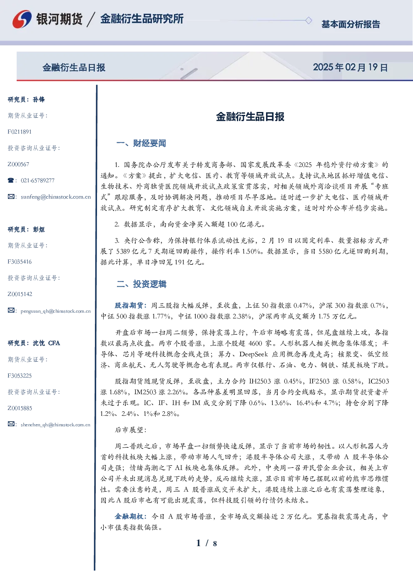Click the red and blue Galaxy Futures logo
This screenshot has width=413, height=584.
tap(22, 19)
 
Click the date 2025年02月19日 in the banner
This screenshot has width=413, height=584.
tap(350, 67)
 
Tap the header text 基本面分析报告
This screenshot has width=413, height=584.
tap(351, 24)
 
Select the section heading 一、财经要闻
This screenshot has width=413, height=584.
tap(141, 143)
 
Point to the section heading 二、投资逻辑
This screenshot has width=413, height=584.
tap(141, 284)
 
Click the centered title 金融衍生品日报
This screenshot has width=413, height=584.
tap(250, 117)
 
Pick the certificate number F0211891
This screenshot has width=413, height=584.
tap(20, 132)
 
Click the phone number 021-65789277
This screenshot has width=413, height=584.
tap(37, 180)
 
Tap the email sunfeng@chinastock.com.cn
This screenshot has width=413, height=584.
tap(56, 197)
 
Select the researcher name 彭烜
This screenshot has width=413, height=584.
tap(39, 229)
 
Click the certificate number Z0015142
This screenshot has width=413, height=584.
tap(20, 294)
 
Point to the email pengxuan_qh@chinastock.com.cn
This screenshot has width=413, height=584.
tap(56, 311)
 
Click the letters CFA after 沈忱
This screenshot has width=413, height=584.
tap(54, 343)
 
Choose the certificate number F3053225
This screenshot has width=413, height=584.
tap(20, 376)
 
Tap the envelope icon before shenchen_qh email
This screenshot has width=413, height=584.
tap(11, 424)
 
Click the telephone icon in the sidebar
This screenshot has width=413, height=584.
tap(11, 180)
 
